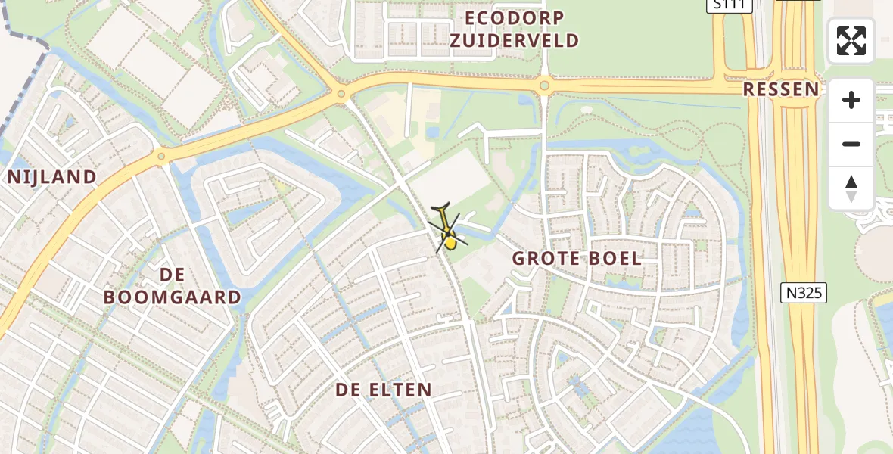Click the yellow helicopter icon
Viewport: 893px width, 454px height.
448,230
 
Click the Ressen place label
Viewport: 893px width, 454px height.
780,89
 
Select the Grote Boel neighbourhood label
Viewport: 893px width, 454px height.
577,258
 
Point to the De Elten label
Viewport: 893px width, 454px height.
384,390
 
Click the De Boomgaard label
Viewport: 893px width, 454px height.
173,285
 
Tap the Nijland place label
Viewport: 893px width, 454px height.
52,177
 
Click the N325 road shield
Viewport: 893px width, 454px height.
803,292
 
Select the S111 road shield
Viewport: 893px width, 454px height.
730,5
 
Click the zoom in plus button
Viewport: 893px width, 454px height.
851,100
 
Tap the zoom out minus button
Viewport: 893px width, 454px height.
851,144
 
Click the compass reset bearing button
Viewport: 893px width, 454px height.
851,188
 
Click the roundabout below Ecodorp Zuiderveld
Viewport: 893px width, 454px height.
544,86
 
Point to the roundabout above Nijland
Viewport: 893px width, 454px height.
161,157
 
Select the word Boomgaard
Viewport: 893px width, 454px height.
173,297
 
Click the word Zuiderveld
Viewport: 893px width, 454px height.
515,40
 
